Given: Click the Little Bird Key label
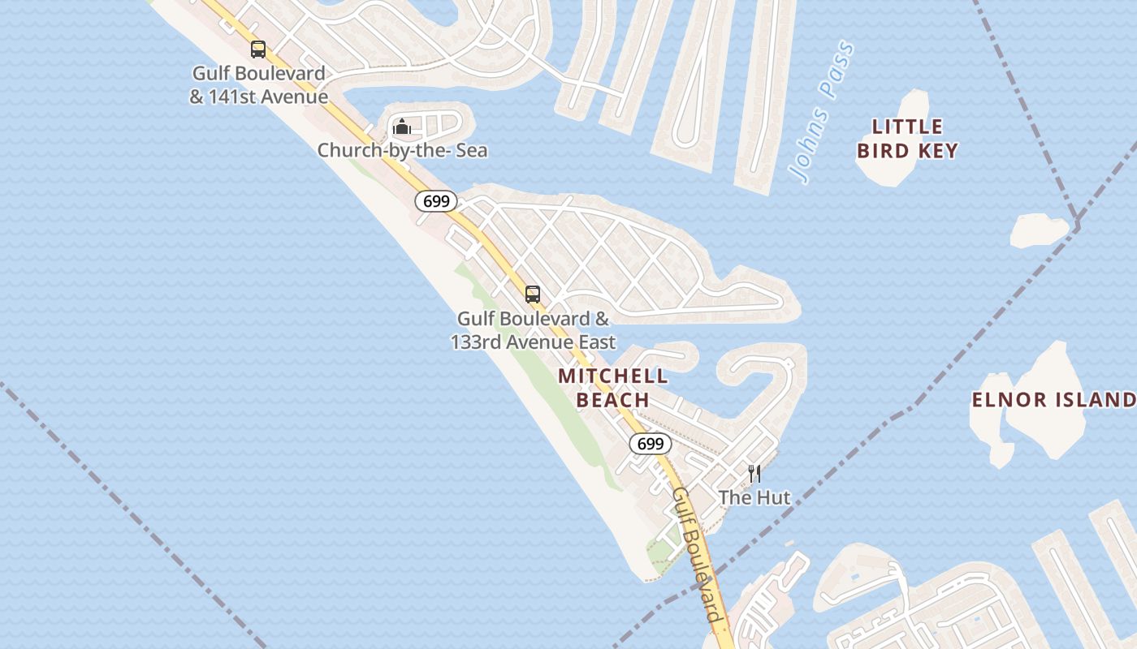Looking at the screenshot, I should click(907, 139).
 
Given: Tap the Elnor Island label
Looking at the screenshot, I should click(1053, 399).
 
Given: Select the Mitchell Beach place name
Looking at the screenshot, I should click(613, 388).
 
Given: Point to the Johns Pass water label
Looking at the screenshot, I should click(824, 112).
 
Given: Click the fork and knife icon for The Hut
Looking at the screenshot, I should click(754, 474).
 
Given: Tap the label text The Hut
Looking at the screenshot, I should click(754, 497).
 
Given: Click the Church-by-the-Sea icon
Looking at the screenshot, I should click(401, 127).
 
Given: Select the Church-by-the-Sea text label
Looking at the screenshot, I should click(402, 150).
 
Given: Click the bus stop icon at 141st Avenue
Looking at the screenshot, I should click(258, 49).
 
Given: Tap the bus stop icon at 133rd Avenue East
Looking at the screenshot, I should click(533, 294).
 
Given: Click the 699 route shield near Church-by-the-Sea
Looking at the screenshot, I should click(436, 201).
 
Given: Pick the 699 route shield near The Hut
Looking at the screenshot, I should click(651, 444).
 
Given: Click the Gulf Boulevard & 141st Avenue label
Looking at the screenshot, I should click(258, 85).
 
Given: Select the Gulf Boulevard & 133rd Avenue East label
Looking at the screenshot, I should click(533, 330).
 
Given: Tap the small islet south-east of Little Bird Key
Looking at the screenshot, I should click(1039, 230).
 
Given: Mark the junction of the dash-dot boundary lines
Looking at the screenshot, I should click(1077, 223).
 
